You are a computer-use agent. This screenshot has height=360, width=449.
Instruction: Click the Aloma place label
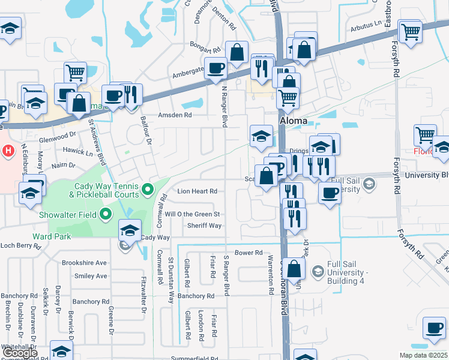[x=294, y=121]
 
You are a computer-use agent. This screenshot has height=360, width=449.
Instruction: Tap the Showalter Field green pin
[x=106, y=213]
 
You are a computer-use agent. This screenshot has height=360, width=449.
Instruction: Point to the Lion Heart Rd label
[x=196, y=191]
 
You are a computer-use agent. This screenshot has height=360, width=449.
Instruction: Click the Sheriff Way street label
[x=204, y=226]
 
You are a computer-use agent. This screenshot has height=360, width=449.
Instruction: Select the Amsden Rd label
[x=174, y=115]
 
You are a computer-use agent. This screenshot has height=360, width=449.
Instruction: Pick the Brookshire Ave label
[x=84, y=262]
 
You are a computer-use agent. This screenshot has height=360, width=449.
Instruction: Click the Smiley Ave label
[x=91, y=276]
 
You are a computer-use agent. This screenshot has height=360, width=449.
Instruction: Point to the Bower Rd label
[x=249, y=253]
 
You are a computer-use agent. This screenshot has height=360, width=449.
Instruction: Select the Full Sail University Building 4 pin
[x=316, y=271]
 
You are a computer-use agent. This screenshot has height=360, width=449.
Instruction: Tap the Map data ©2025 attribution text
[x=423, y=355]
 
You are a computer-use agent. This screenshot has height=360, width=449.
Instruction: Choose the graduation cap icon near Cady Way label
[x=130, y=230]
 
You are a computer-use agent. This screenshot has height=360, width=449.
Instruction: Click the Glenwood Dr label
[x=57, y=137]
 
